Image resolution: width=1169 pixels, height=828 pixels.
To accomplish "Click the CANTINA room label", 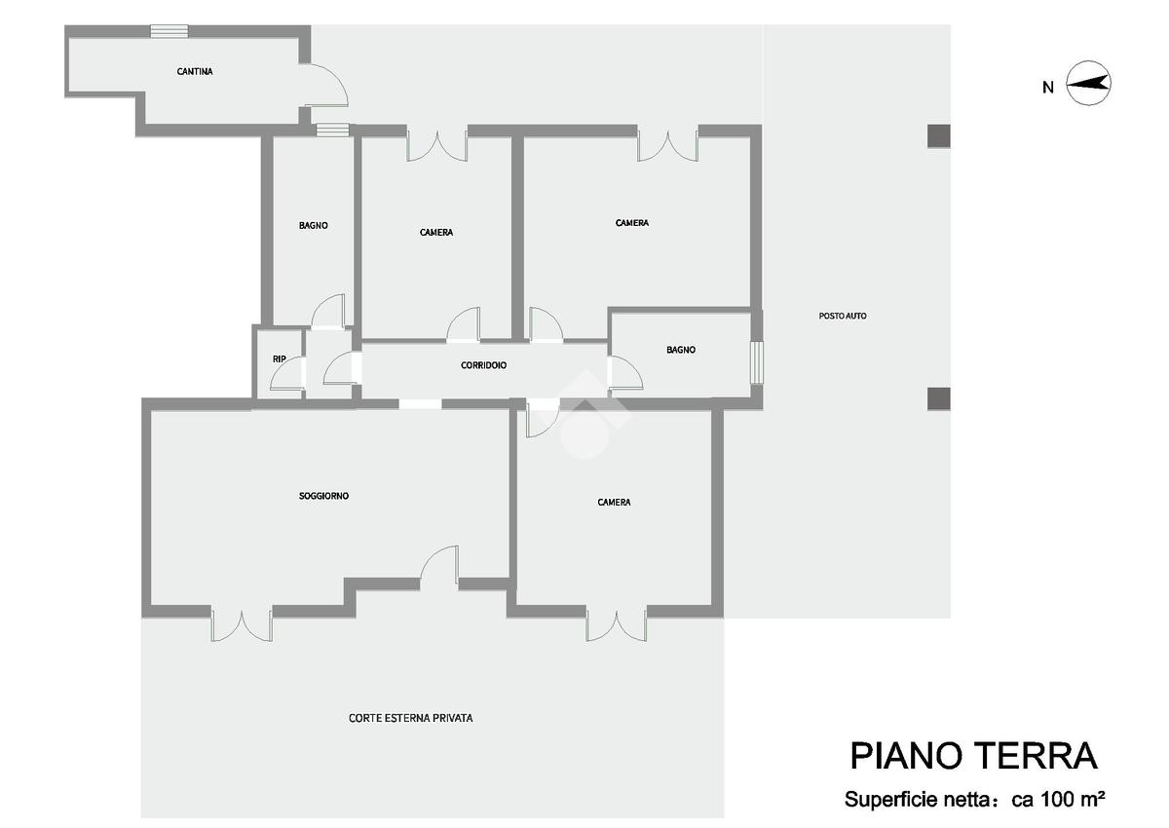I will pos(195,71).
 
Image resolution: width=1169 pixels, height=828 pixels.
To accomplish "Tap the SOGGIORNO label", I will pos(323,496).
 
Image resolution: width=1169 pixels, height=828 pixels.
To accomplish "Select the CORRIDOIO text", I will pos(483,365).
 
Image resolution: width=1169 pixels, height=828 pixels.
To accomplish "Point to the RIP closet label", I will pos(279,359).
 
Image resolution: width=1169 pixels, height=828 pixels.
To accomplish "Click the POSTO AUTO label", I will pos(843,316).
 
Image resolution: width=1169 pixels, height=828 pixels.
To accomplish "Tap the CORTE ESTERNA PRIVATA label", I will pos(410,718).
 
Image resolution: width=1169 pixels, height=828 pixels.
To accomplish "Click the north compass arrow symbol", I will pos(1089,84).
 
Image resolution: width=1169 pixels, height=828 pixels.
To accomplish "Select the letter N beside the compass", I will pos(1047,88).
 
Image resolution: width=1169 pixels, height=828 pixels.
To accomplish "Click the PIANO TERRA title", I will pos(973,756).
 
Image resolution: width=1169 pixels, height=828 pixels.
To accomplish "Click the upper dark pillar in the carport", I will pos(938,135).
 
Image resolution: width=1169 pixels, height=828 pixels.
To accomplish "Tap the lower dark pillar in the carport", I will pos(938,398).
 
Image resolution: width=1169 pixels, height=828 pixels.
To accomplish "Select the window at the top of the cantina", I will pos(170,30).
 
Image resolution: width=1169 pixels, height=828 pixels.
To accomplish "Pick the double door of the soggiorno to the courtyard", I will pos(242,624).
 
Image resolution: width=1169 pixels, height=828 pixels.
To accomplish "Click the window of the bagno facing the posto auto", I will pos(757,362).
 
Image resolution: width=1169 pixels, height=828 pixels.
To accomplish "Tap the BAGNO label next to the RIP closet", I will pos(313,225).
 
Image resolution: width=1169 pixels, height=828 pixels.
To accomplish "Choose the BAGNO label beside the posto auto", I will pos(681,350).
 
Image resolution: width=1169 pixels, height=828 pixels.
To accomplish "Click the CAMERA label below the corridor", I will pos(614,503).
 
